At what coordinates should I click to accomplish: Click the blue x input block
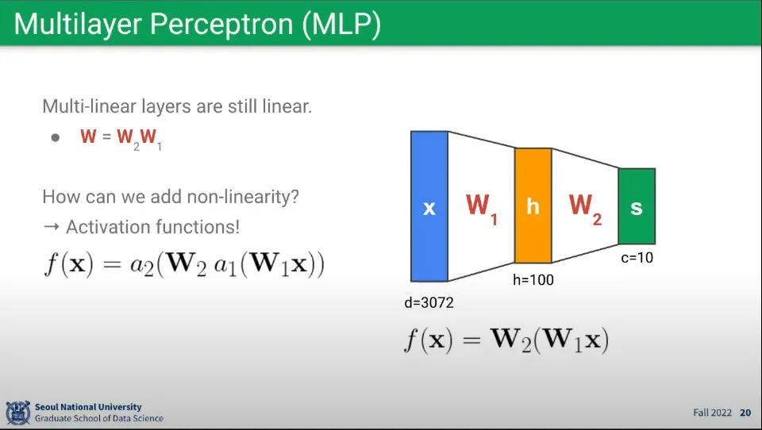click(x=429, y=206)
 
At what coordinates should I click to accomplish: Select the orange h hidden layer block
click(x=533, y=205)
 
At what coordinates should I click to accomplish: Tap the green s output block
click(x=637, y=206)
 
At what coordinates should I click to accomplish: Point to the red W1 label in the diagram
click(x=482, y=209)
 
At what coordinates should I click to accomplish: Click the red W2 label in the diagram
click(x=586, y=209)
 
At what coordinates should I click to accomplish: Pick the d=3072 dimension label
click(x=429, y=302)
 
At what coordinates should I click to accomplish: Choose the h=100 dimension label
click(x=533, y=279)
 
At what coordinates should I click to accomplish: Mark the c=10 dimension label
click(x=637, y=257)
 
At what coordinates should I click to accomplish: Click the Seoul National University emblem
click(x=18, y=413)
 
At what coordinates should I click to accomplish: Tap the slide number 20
click(x=745, y=413)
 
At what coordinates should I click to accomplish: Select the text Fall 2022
click(x=713, y=413)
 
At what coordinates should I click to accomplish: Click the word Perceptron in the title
click(x=221, y=25)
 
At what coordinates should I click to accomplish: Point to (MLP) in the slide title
click(x=341, y=25)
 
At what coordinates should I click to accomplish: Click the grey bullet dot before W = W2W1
click(x=56, y=137)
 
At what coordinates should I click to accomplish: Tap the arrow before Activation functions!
click(x=51, y=227)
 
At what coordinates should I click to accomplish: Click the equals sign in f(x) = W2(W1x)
click(x=471, y=340)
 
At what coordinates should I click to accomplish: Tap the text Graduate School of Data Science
click(x=99, y=418)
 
